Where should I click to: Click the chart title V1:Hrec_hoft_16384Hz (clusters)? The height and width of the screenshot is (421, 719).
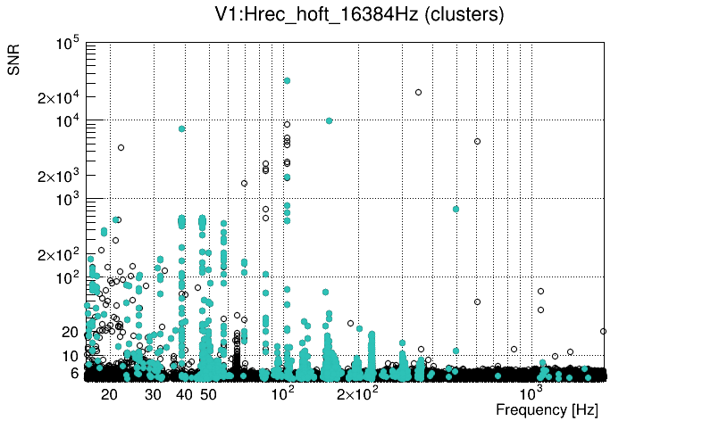[x=359, y=16]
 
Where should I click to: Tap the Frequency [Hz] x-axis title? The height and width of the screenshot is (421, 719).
[x=547, y=410]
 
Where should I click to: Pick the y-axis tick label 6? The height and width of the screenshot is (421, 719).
[x=75, y=373]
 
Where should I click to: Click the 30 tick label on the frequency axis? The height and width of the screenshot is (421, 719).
[x=154, y=394]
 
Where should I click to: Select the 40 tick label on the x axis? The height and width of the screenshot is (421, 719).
[x=184, y=394]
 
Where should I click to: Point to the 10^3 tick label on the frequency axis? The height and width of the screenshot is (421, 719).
[x=531, y=392]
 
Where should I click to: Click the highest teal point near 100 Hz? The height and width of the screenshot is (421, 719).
[x=287, y=80]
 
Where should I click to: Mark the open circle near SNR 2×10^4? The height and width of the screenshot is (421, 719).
[x=418, y=92]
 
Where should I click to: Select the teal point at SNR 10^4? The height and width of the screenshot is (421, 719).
[x=329, y=120]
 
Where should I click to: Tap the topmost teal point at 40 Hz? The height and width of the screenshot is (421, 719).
[x=182, y=128]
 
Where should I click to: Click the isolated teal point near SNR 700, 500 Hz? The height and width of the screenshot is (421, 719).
[x=456, y=209]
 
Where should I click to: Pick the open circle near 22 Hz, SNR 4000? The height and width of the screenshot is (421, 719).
[x=121, y=147]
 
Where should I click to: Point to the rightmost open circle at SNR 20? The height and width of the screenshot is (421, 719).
[x=604, y=331]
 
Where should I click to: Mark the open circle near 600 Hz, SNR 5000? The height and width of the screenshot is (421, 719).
[x=477, y=141]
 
